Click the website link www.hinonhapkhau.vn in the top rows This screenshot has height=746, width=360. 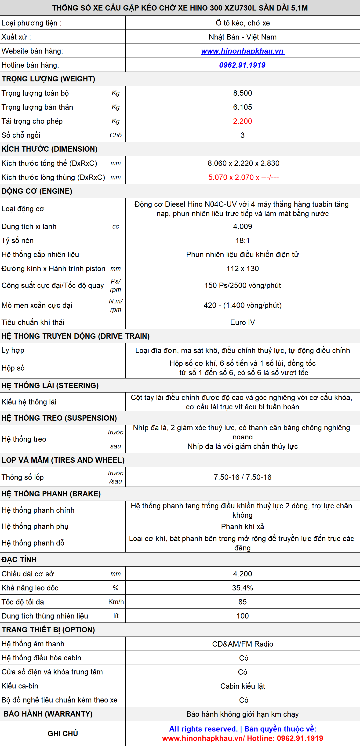click(x=242, y=51)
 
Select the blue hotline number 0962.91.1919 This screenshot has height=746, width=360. click(x=242, y=65)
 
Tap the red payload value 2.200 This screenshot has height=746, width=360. click(x=242, y=121)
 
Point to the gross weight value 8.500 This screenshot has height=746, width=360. click(x=242, y=93)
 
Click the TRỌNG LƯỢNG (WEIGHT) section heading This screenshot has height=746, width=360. click(x=48, y=79)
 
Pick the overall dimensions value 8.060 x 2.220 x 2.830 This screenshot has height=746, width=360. click(x=243, y=163)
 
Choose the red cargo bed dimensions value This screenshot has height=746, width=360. click(x=243, y=177)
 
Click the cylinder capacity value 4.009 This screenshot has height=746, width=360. click(x=242, y=226)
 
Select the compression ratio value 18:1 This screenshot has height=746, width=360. click(x=242, y=241)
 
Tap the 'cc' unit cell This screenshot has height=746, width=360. click(x=116, y=226)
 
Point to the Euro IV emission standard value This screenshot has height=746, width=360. click(x=242, y=322)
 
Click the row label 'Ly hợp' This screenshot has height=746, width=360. click(x=13, y=350)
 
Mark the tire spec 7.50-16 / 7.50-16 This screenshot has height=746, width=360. click(x=242, y=477)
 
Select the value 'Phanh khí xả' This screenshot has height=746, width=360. click(x=242, y=527)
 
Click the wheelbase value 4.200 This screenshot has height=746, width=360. click(x=242, y=574)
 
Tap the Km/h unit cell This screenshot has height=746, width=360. click(x=116, y=602)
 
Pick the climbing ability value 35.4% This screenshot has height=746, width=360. click(x=242, y=588)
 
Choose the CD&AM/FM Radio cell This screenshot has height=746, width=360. click(x=242, y=644)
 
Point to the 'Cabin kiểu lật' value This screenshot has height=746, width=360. click(x=242, y=686)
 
